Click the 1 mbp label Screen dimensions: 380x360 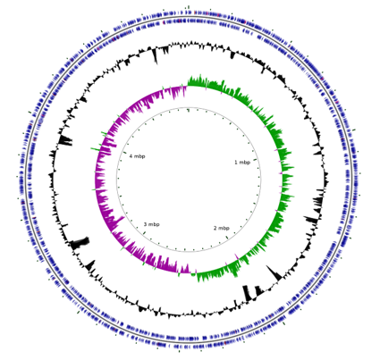(242, 163)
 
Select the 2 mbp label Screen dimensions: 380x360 (222, 228)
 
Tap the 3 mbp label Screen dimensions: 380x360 (152, 224)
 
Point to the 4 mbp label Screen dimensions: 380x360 (138, 156)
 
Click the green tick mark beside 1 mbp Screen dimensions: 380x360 (255, 160)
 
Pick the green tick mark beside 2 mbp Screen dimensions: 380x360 (227, 238)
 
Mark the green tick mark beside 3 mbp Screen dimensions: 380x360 (145, 232)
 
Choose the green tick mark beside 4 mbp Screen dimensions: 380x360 (125, 153)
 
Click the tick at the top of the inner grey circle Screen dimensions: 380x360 (189, 110)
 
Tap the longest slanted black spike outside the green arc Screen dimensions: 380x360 (274, 272)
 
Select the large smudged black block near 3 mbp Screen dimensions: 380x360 (80, 242)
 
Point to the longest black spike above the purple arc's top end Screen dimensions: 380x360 (155, 55)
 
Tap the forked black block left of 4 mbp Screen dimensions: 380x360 (65, 140)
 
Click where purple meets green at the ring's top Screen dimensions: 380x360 (187, 86)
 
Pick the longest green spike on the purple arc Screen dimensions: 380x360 (97, 148)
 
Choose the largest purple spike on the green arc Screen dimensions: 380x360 (236, 256)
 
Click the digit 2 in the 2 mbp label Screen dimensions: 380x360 (215, 228)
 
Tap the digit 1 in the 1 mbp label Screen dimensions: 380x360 (236, 163)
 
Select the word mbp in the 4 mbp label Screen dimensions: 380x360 (139, 156)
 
